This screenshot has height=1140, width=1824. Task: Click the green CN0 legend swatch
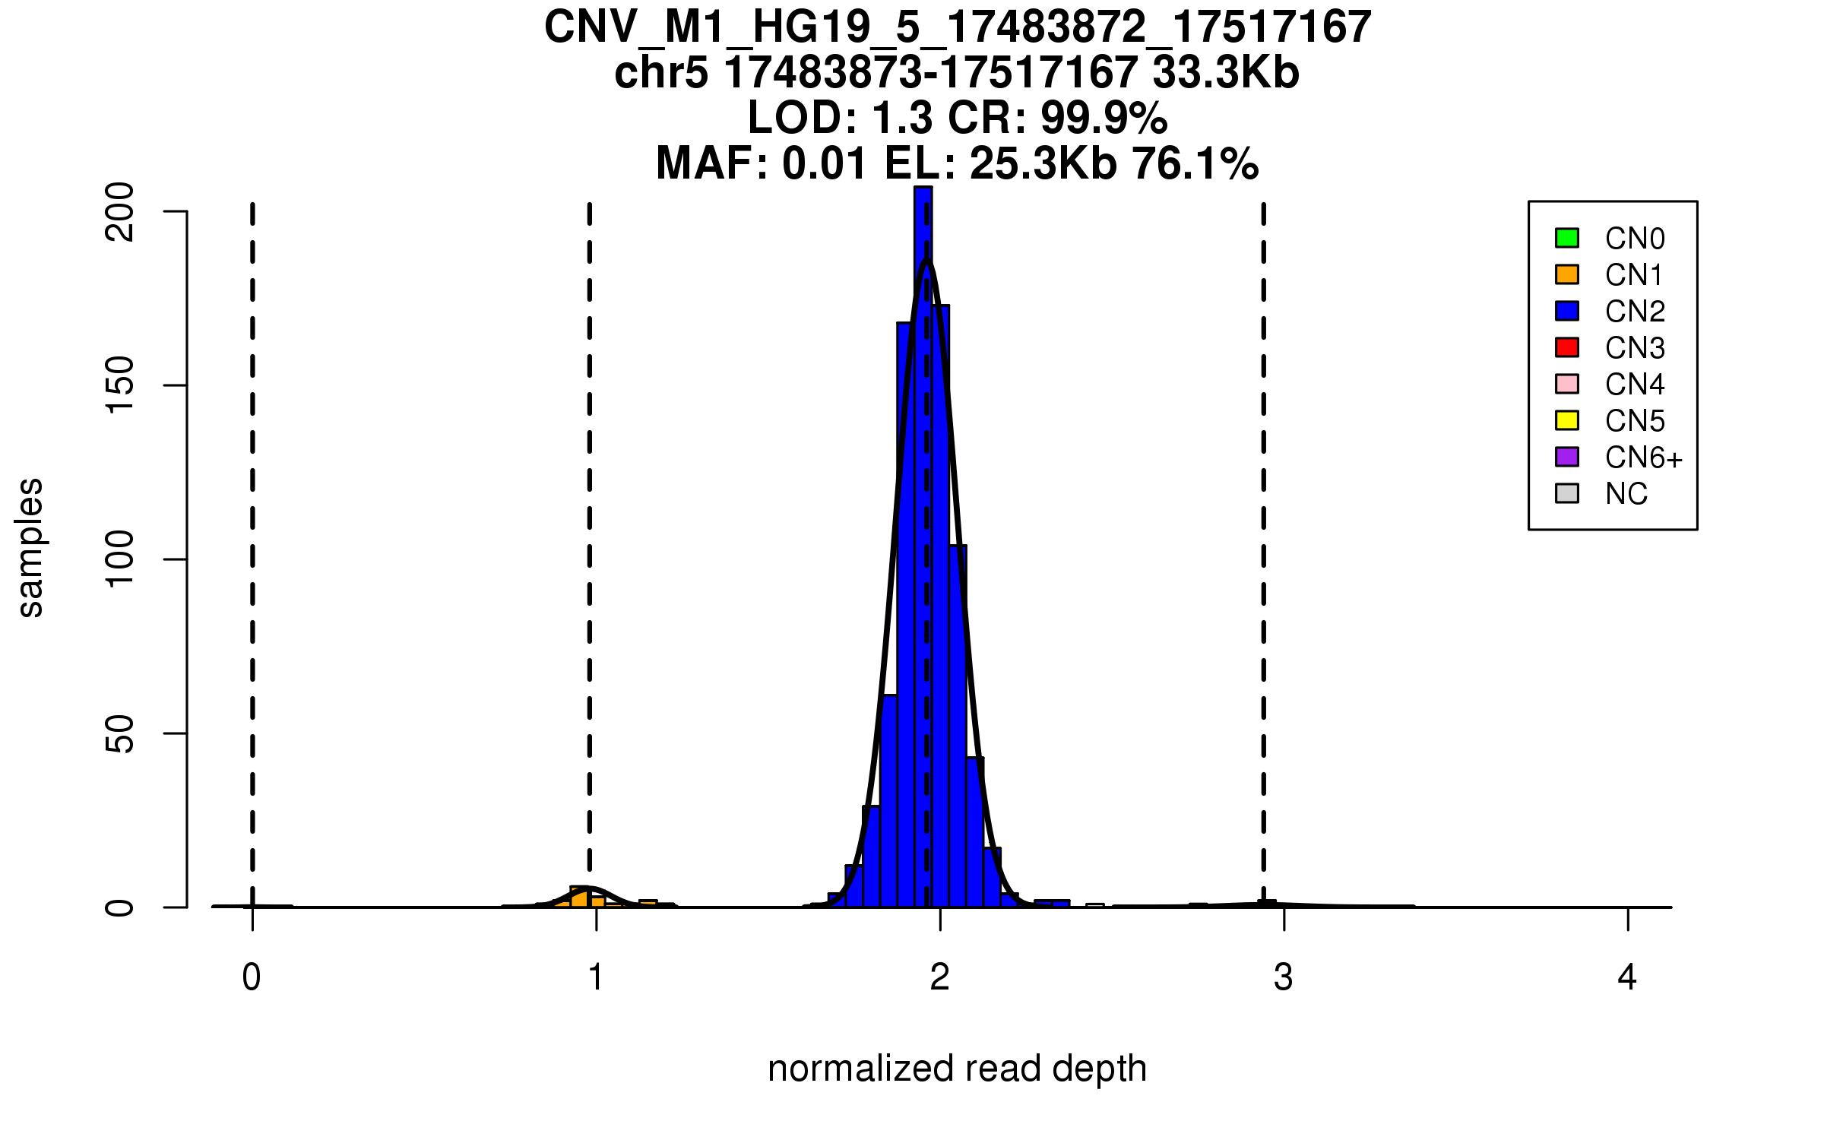click(x=1567, y=238)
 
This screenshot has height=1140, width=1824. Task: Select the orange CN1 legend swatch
click(x=1567, y=274)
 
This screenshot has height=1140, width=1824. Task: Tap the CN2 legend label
click(x=1635, y=312)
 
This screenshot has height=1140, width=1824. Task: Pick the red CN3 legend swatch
click(x=1567, y=347)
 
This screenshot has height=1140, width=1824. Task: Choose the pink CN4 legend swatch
click(x=1567, y=384)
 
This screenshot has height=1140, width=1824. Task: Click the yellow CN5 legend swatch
click(x=1567, y=420)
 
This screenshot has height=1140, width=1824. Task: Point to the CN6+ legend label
click(x=1643, y=458)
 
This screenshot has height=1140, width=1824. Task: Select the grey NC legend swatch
click(x=1567, y=493)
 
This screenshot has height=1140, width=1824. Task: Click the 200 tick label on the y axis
click(x=120, y=212)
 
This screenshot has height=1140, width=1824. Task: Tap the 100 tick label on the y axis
click(x=120, y=559)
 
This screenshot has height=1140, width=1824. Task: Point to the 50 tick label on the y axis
click(x=120, y=733)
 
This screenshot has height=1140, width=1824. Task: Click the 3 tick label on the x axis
click(x=1284, y=977)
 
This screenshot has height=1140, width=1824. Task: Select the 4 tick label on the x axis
click(x=1627, y=977)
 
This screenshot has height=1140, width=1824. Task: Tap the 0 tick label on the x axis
click(x=252, y=977)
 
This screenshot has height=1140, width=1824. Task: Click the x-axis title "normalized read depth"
click(x=957, y=1069)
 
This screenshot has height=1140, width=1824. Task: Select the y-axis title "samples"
click(x=30, y=548)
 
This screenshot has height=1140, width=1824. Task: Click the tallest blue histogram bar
click(x=923, y=532)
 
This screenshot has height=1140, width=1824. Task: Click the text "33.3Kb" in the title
click(x=1225, y=73)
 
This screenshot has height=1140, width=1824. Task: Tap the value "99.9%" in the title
click(x=1104, y=119)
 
